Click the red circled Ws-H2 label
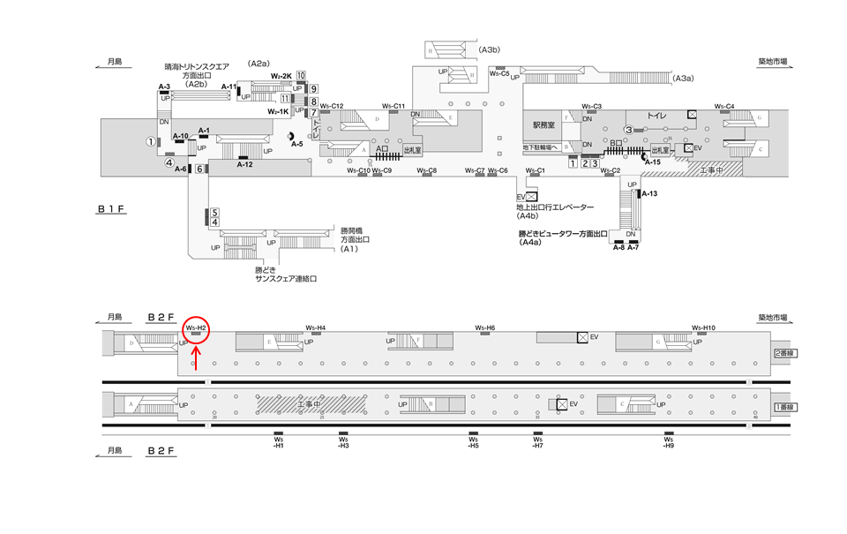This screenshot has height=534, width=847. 196,328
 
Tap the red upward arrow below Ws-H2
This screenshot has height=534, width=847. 196,358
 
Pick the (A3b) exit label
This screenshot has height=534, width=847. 491,50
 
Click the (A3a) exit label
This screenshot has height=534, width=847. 684,79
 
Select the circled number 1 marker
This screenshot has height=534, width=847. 151,141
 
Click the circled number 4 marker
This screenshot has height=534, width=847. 169,162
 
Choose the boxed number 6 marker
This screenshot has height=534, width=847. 200,169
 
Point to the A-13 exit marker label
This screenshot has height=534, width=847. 649,193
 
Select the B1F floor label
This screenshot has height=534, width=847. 114,210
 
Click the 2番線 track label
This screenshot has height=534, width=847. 784,352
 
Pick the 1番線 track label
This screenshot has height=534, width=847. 784,407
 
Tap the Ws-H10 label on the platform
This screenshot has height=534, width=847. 703,327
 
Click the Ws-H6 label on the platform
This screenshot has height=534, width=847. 485,327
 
